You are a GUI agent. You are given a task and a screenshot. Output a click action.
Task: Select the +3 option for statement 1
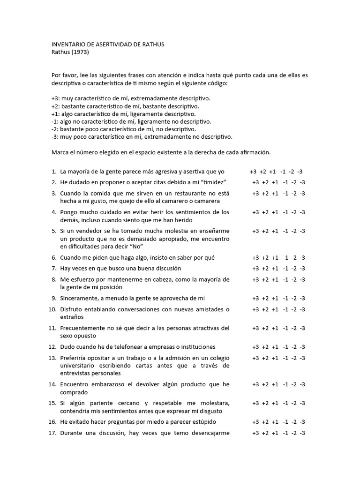253,171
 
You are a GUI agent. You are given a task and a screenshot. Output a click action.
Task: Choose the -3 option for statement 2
302,182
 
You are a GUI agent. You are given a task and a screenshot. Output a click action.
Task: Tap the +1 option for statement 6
275,257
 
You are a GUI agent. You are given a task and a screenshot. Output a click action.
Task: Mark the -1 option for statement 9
285,298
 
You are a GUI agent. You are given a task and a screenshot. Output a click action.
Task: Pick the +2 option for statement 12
265,347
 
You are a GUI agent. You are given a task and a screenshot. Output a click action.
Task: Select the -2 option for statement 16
294,422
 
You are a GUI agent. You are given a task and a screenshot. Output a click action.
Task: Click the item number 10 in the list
52,309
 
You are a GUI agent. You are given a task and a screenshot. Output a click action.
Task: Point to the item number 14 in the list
52,384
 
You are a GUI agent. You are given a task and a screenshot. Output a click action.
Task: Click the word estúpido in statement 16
202,422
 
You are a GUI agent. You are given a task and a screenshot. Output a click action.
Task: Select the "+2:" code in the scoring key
56,106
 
